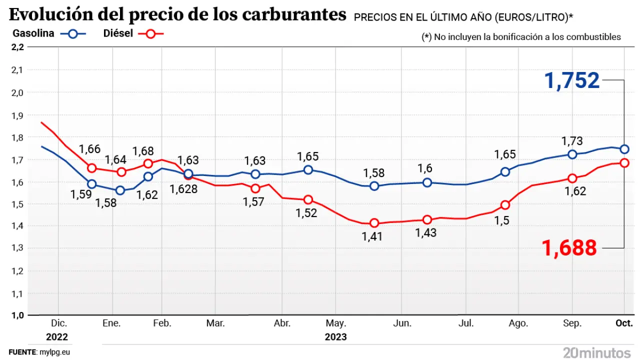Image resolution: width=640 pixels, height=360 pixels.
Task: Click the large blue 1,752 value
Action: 572,80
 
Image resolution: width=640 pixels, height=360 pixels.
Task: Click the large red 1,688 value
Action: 569,247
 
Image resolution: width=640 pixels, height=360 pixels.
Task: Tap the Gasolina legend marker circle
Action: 73,34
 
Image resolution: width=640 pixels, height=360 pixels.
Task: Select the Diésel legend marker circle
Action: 151,34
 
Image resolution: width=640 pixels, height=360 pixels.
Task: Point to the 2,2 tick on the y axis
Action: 17,47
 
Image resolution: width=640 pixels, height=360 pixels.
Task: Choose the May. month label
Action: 336,323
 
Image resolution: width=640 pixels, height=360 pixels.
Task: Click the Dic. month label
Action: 58,323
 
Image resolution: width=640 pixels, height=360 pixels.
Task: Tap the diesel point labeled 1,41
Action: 374,223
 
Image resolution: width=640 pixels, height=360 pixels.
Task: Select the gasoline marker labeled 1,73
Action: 572,154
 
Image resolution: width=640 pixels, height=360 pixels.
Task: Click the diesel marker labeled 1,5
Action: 505,205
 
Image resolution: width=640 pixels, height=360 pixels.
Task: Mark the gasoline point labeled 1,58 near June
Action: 374,186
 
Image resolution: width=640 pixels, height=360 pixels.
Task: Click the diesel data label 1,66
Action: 90,149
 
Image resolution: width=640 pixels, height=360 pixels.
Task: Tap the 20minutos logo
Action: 596,351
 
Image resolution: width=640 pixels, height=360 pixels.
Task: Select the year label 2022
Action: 56,336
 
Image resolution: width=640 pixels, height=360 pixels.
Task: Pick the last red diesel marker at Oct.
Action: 624,163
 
